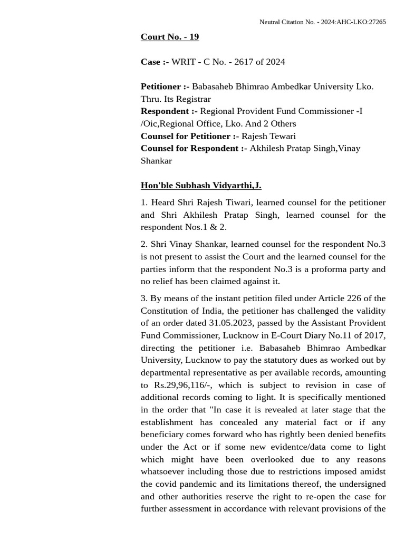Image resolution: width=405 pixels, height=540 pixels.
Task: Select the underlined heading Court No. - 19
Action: (169, 36)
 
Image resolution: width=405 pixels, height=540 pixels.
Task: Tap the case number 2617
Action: (244, 62)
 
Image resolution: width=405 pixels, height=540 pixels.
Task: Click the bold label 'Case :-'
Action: (155, 62)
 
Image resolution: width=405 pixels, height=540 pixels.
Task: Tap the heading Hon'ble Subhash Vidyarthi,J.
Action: (201, 185)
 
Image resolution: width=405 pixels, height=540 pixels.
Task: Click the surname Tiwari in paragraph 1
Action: (239, 202)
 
